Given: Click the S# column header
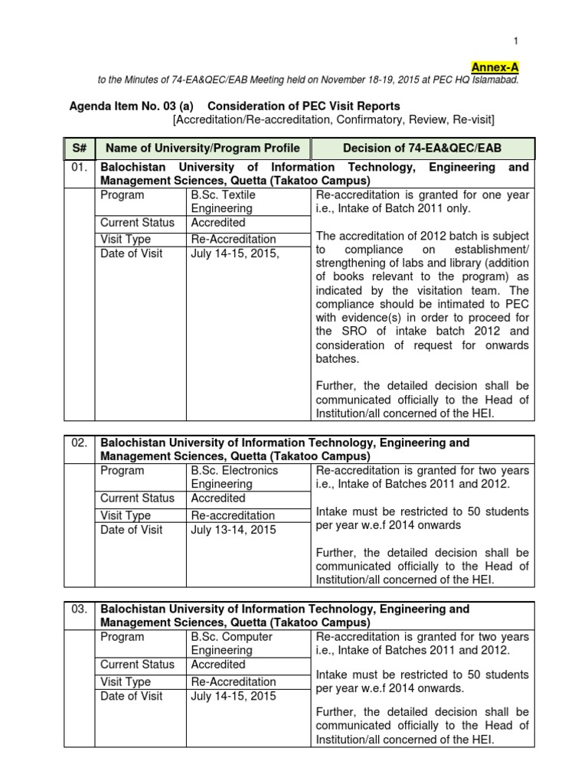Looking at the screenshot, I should [x=80, y=148].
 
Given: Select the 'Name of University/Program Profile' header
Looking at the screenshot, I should [x=203, y=148].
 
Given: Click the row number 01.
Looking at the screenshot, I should [x=80, y=167].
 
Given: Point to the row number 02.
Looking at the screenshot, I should [x=80, y=443].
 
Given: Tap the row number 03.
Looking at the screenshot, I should [x=80, y=609].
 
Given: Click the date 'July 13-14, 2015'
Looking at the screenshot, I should [x=234, y=529].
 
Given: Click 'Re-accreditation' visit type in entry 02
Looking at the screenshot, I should [x=233, y=515].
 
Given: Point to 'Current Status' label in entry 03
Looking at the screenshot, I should [x=137, y=665].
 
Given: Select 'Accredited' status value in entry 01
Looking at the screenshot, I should [x=218, y=223].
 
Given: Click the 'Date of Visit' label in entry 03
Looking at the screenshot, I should [x=131, y=696].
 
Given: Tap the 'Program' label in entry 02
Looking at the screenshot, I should [x=122, y=470].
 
